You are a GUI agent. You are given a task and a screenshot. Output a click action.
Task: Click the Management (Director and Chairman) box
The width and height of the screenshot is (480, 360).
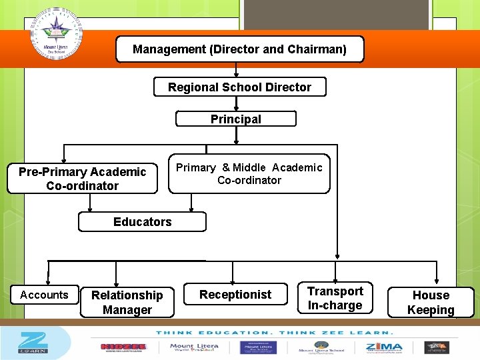click(x=240, y=49)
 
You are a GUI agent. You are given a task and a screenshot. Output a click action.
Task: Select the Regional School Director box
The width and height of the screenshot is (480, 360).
click(x=240, y=87)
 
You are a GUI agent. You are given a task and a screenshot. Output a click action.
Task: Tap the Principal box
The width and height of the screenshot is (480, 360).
click(x=236, y=119)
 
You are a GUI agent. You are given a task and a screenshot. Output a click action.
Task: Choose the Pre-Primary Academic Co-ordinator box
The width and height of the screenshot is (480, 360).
click(x=82, y=179)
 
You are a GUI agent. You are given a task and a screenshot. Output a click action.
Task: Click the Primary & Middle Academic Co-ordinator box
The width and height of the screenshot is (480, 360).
click(x=249, y=175)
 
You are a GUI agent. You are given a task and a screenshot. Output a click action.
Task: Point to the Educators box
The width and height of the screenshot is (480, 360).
click(x=142, y=222)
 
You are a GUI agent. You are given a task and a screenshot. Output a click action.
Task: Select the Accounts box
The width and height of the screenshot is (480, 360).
click(x=44, y=295)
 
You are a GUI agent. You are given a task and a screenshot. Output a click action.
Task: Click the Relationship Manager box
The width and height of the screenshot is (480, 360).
click(x=127, y=302)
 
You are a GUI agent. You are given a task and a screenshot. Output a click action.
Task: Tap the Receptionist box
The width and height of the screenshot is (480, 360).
click(x=235, y=295)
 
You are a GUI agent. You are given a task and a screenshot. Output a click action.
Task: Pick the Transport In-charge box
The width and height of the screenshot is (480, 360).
click(x=335, y=298)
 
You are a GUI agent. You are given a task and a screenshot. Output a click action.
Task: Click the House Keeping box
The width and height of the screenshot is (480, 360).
click(x=431, y=302)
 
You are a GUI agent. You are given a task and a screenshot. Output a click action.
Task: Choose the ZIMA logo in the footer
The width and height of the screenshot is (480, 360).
click(x=385, y=347)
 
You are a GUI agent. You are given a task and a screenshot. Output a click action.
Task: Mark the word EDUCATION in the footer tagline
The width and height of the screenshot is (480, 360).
click(x=229, y=332)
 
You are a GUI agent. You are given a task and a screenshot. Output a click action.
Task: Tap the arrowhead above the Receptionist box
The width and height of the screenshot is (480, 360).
click(x=233, y=281)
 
